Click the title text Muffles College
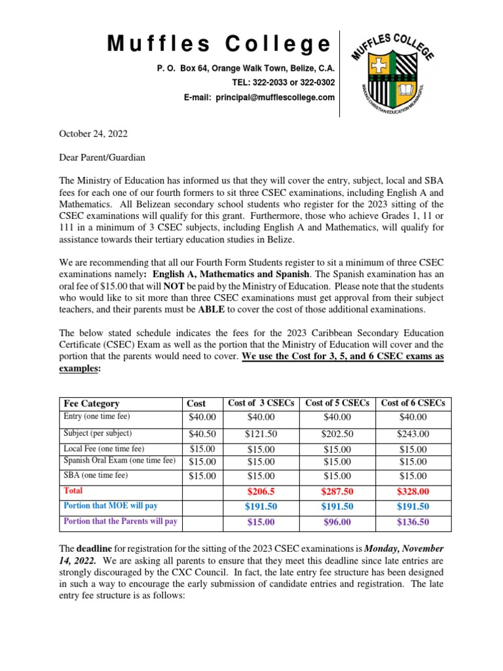click(219, 45)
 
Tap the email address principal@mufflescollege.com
click(259, 97)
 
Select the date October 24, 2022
click(94, 134)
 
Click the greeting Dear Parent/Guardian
click(102, 157)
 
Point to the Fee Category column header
click(91, 403)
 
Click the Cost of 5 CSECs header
click(337, 403)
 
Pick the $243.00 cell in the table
click(413, 434)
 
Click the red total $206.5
click(261, 491)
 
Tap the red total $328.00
click(413, 491)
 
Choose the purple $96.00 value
click(337, 522)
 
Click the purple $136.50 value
click(413, 522)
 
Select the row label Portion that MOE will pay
click(111, 505)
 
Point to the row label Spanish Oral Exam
click(119, 461)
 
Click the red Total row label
click(73, 490)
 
